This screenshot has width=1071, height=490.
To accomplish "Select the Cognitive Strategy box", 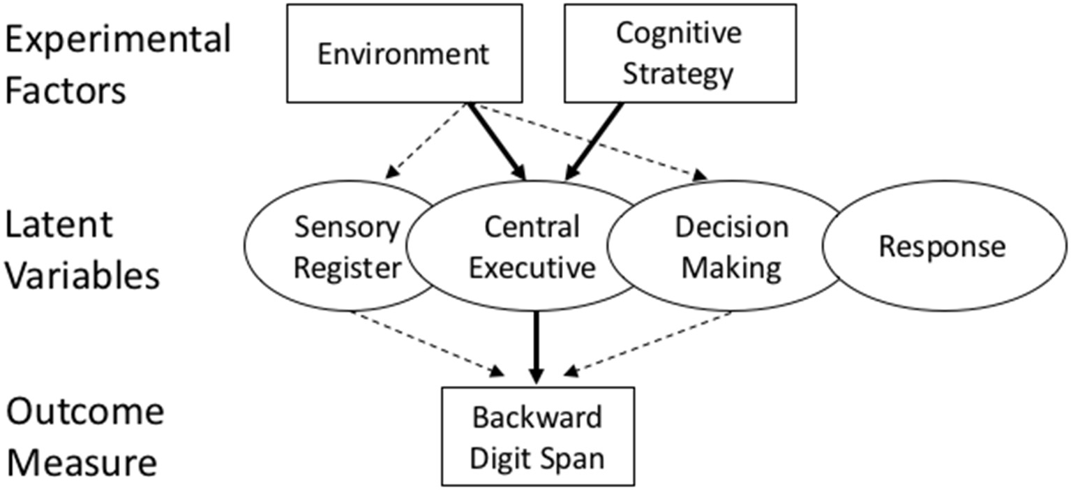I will pos(680,54).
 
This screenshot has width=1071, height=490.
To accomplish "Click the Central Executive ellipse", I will pos(532,247).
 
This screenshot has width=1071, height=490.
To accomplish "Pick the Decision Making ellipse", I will pos(731,247).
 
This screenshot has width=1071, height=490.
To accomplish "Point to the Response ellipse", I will pos(942,247).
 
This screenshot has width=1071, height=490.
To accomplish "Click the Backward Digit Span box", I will pos(537,436).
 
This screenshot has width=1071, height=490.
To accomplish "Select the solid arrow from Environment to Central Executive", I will pos(497,140).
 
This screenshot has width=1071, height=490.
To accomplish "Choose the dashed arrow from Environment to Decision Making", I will pos(593,142).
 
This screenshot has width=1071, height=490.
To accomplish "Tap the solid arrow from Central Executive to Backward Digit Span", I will pos(536,346).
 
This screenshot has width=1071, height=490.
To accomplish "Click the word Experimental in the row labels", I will pos(117,40).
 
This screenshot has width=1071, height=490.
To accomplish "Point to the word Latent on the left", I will pos(59,225).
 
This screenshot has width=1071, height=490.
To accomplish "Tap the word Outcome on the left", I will pos(84,413).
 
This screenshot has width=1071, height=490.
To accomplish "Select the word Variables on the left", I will pos(82,276).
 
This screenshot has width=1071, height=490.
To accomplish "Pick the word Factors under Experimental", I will pos(66,91).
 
